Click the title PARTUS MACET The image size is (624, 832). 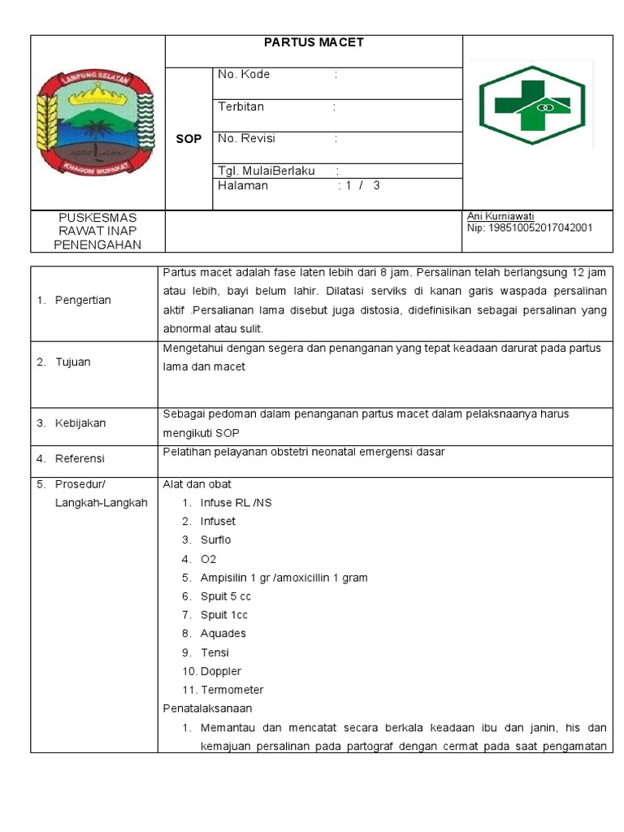314,42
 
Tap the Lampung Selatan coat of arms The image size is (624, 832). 97,122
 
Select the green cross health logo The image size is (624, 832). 531,105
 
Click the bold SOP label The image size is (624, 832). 188,139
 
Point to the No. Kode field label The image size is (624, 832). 244,74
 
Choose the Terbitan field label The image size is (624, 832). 240,106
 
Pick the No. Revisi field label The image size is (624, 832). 247,138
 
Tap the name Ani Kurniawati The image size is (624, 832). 500,216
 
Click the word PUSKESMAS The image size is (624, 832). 97,218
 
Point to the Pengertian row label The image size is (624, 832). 83,301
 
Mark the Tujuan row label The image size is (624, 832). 73,362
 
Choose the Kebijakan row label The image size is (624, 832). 80,423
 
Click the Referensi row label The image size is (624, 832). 80,459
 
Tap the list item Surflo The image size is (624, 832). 216,540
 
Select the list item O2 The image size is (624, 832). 209,559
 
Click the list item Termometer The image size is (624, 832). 232,690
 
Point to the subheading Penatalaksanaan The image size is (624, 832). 208,708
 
